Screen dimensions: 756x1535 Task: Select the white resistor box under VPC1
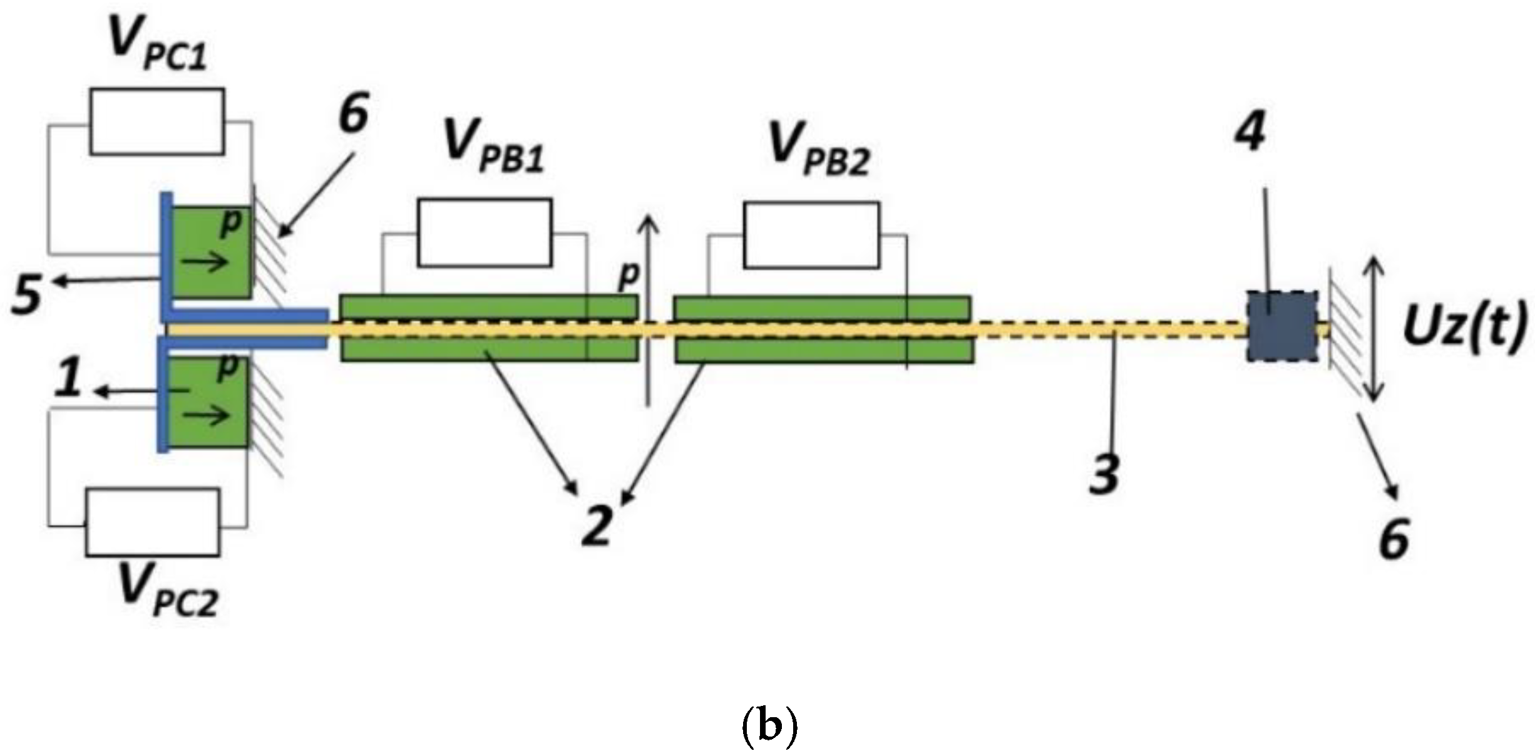157,122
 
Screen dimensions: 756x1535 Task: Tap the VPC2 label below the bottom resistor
168,592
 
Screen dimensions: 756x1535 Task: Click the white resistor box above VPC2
153,522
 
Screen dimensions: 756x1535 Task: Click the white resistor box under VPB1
485,233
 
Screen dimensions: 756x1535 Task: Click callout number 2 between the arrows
596,525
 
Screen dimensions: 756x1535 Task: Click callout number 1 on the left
69,380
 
